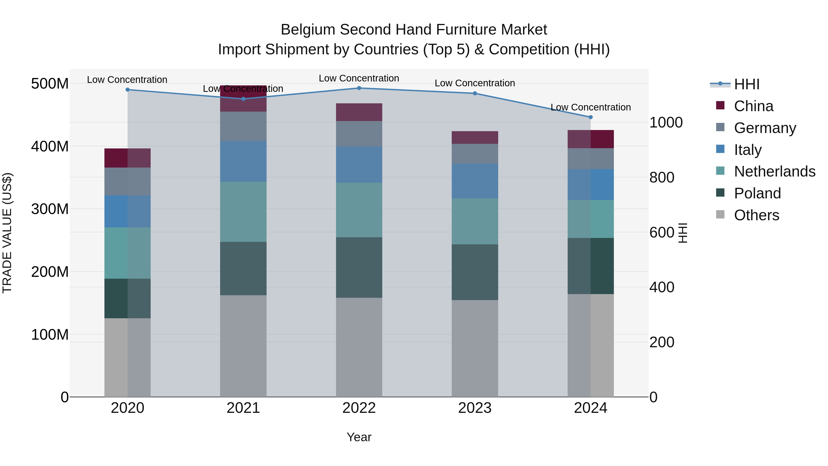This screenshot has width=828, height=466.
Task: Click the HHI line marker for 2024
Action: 590,117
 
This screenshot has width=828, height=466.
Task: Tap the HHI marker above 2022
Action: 359,88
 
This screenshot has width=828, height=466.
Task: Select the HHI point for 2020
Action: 128,90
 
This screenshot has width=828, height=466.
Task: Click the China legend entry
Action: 753,106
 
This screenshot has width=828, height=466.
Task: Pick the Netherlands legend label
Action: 775,171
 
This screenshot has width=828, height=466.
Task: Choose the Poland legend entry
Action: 757,193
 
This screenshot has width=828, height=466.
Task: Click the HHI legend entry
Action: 747,84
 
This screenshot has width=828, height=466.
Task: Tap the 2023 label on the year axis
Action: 475,408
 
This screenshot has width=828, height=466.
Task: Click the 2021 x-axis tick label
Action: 243,408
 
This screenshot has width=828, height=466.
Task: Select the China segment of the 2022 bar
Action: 359,112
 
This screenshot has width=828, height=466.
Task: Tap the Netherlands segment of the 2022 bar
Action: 359,210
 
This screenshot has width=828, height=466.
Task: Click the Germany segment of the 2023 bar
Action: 475,154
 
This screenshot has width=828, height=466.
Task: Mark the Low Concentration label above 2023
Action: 475,83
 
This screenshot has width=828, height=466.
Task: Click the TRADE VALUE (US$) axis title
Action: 7,233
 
